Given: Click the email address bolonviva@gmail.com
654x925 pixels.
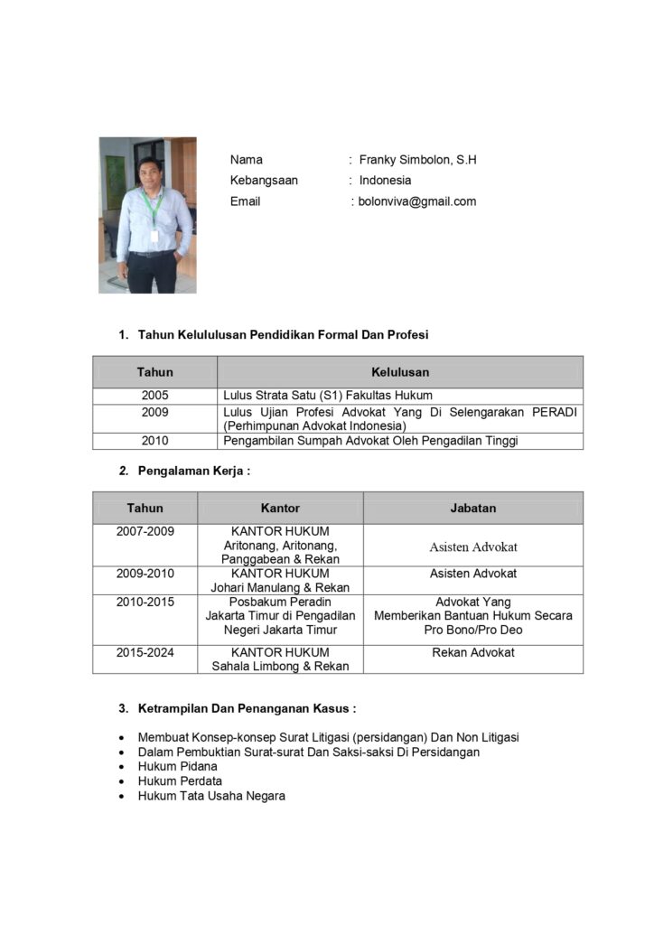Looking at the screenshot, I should pos(417,201).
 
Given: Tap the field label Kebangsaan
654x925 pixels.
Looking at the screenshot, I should pos(264,181).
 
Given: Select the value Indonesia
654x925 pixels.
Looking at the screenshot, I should pos(385,181).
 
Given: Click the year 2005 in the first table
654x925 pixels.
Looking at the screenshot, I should pos(154,396).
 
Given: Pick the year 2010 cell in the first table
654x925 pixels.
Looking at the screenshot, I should pos(154,441).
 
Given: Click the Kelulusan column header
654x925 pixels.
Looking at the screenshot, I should pos(400,371).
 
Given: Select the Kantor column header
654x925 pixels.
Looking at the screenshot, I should pos(280,508).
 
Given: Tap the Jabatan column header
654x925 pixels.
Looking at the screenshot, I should pos(473,508).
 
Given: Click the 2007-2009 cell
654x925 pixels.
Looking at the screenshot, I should pos(145,531).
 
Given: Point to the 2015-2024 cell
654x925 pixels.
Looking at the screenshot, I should pos(145,652).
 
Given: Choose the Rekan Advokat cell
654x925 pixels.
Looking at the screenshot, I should pos(473,652).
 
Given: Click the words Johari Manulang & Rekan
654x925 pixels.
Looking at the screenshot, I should pos(280,587).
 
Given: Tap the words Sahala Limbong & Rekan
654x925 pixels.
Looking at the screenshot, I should pos(280,667).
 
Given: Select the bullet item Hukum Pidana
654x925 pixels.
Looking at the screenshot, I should pos(177,766).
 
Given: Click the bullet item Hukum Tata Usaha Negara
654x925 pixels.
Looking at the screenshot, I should pos(211,796).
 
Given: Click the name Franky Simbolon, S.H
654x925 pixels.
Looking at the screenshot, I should pos(417,160).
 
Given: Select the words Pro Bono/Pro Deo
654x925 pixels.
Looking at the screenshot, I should pos(473,630).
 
